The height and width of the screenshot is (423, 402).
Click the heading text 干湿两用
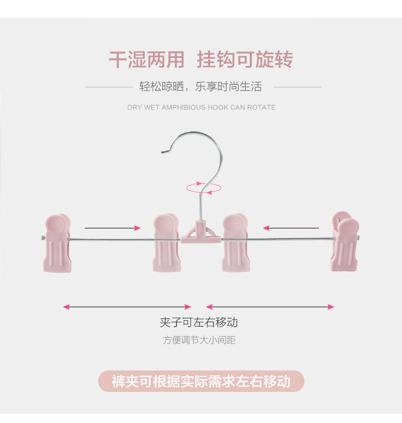click(146, 60)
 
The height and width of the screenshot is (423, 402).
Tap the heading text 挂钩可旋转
click(245, 60)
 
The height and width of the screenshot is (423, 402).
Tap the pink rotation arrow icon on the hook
click(203, 187)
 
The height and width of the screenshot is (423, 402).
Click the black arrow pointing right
click(111, 228)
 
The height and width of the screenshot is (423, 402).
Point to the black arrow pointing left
click(290, 228)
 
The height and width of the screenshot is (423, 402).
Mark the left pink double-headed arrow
click(127, 307)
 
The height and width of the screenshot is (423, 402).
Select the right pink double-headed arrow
click(270, 307)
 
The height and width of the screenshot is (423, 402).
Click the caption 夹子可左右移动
click(198, 322)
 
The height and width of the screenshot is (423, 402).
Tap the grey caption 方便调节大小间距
click(199, 340)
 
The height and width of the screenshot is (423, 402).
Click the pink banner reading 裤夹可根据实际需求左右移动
click(201, 381)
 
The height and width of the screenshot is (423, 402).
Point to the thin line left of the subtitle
click(109, 87)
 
